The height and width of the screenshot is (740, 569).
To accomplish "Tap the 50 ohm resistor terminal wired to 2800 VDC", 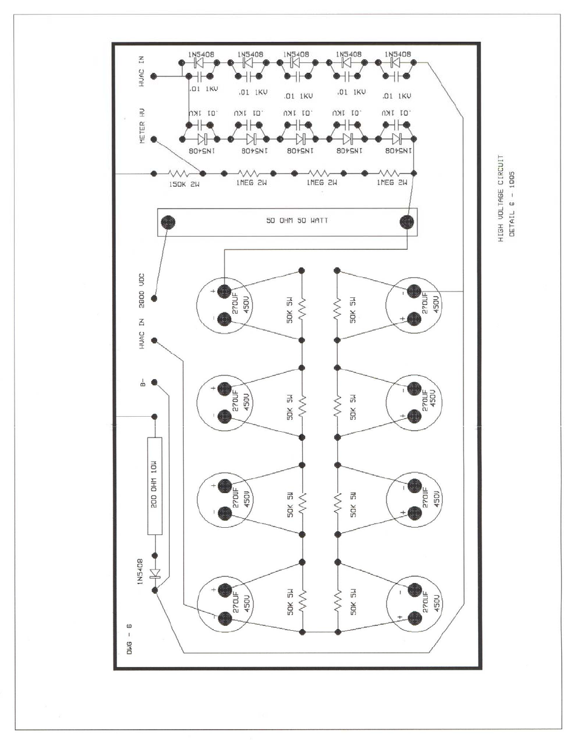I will click(166, 223).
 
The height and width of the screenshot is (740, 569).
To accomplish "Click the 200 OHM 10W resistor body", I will click(155, 486).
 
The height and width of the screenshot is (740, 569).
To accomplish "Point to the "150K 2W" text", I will click(184, 183).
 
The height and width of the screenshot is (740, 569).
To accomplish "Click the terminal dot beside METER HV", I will click(154, 140).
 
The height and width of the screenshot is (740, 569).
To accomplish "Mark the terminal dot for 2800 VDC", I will click(154, 298).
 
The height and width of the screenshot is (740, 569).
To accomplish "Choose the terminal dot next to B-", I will click(154, 382).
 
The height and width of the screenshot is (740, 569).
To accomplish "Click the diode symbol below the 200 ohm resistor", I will click(155, 572).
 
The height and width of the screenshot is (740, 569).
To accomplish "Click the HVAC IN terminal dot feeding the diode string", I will click(154, 76).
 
